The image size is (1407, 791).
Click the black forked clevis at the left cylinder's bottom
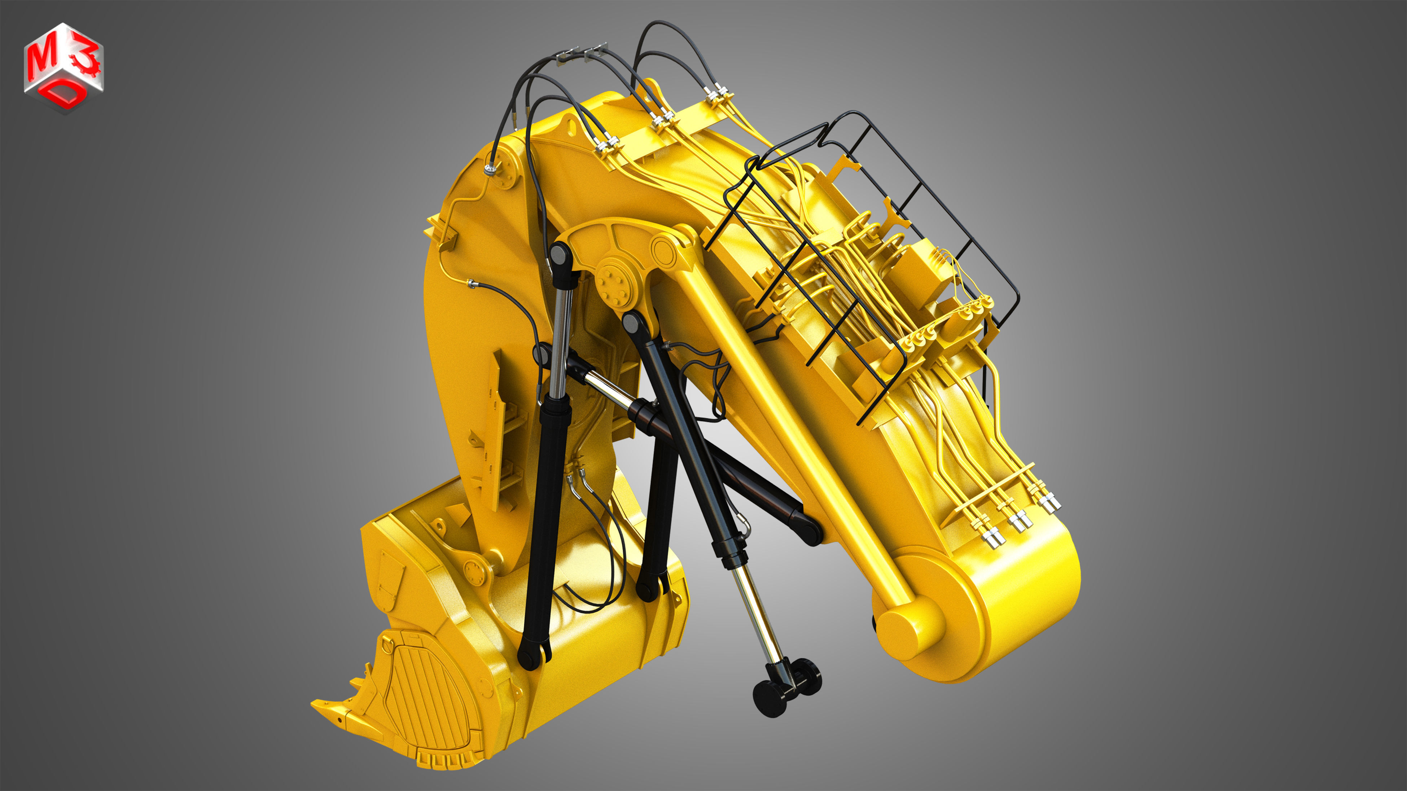coord(532,652)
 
